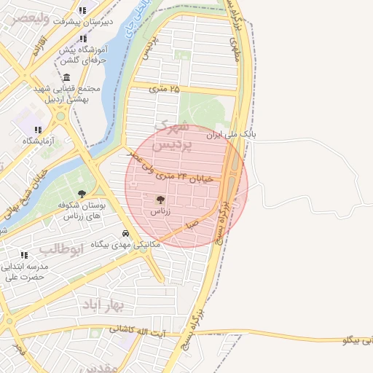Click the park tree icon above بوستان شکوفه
[82, 194]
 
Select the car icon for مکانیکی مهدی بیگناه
[125, 234]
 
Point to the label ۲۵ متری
[164, 89]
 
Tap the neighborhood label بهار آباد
[103, 302]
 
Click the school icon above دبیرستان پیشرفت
[82, 11]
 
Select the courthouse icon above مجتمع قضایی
[66, 77]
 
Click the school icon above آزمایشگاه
[38, 129]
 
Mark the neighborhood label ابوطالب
[61, 249]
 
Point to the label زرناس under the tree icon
[160, 211]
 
